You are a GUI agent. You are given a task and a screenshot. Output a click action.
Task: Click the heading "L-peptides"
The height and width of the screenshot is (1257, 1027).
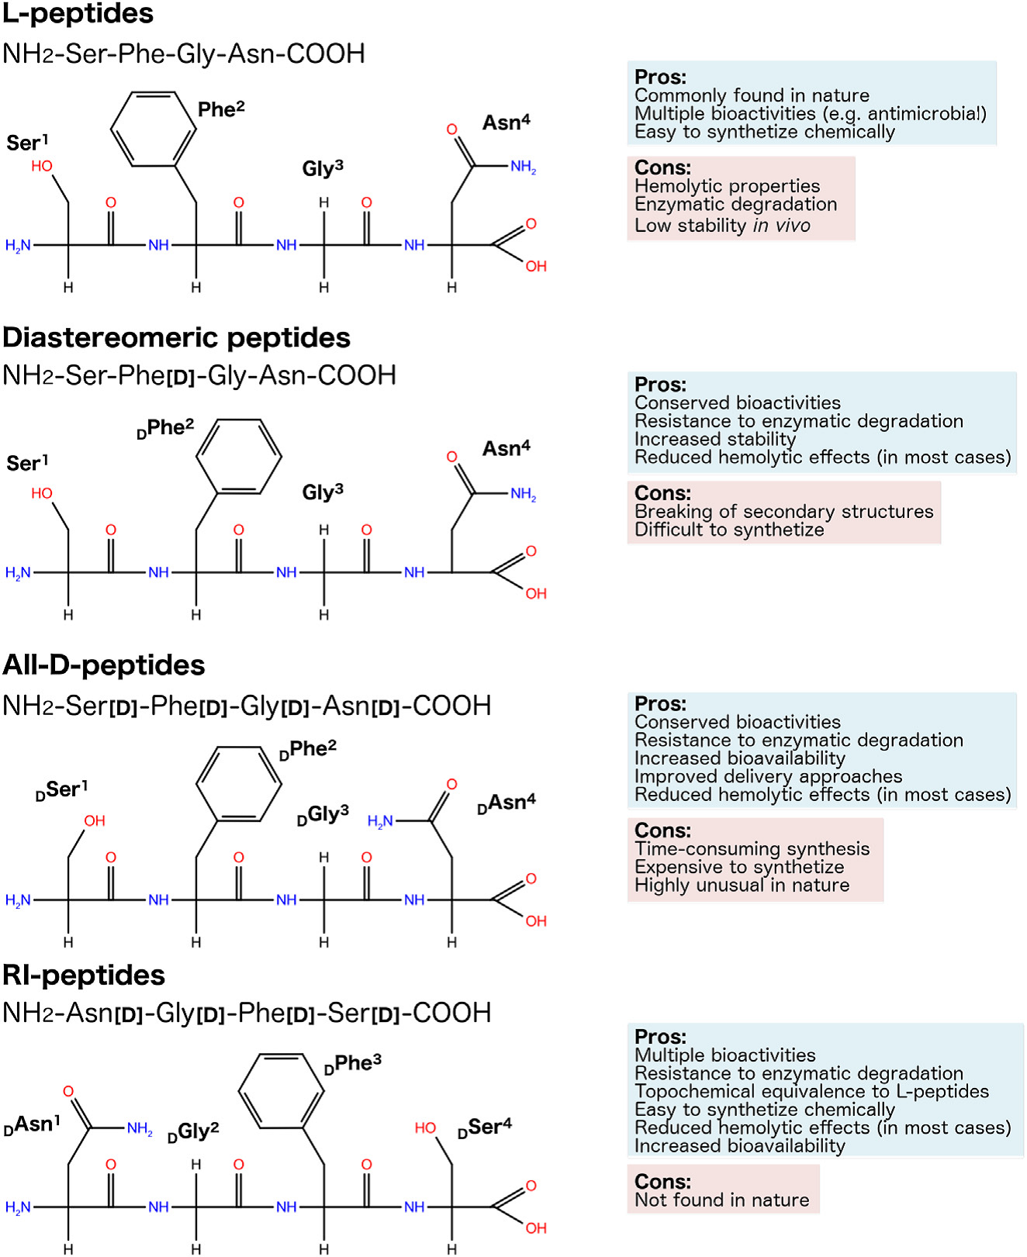tap(78, 13)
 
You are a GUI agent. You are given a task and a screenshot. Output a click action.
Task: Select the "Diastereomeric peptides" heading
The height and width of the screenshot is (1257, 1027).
tap(176, 337)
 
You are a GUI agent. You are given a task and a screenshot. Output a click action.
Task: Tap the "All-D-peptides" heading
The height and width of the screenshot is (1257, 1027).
tap(104, 665)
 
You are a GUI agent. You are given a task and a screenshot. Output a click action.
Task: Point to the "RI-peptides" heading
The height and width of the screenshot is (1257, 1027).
tap(84, 975)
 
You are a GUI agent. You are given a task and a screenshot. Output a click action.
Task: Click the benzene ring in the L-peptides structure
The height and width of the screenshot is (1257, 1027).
tap(153, 129)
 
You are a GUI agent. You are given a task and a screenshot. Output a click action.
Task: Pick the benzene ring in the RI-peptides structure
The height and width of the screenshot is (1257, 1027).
tap(281, 1092)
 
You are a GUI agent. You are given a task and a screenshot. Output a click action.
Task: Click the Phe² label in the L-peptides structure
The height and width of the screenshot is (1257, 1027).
tap(221, 109)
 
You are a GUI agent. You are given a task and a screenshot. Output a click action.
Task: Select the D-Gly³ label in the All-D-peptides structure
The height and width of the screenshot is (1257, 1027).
tap(323, 814)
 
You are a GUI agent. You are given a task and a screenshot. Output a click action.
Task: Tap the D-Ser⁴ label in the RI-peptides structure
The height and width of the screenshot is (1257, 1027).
tap(485, 1128)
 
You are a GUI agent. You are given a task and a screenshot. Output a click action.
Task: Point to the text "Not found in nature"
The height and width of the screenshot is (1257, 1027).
tap(721, 1200)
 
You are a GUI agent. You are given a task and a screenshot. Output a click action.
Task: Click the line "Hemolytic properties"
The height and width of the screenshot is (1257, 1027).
tap(727, 186)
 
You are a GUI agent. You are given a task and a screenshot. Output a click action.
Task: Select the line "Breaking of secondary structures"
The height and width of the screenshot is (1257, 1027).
tap(783, 512)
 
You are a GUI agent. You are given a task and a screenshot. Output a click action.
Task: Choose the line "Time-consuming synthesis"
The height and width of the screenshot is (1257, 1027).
tap(752, 849)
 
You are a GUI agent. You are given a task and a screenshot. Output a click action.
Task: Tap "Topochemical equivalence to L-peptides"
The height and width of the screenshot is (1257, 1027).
tap(811, 1091)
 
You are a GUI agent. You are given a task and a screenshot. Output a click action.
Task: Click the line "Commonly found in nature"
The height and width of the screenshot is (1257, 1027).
tap(752, 95)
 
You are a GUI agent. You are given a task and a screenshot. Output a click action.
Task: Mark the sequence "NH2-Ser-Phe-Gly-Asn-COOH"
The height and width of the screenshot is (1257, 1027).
tap(184, 54)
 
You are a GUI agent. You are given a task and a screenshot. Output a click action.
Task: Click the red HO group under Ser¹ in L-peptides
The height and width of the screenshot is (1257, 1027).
tap(42, 166)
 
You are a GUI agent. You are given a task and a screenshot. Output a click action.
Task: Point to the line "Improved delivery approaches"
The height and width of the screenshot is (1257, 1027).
tap(768, 776)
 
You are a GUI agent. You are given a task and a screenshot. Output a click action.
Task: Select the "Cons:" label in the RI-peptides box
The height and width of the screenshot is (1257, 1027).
tap(662, 1181)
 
